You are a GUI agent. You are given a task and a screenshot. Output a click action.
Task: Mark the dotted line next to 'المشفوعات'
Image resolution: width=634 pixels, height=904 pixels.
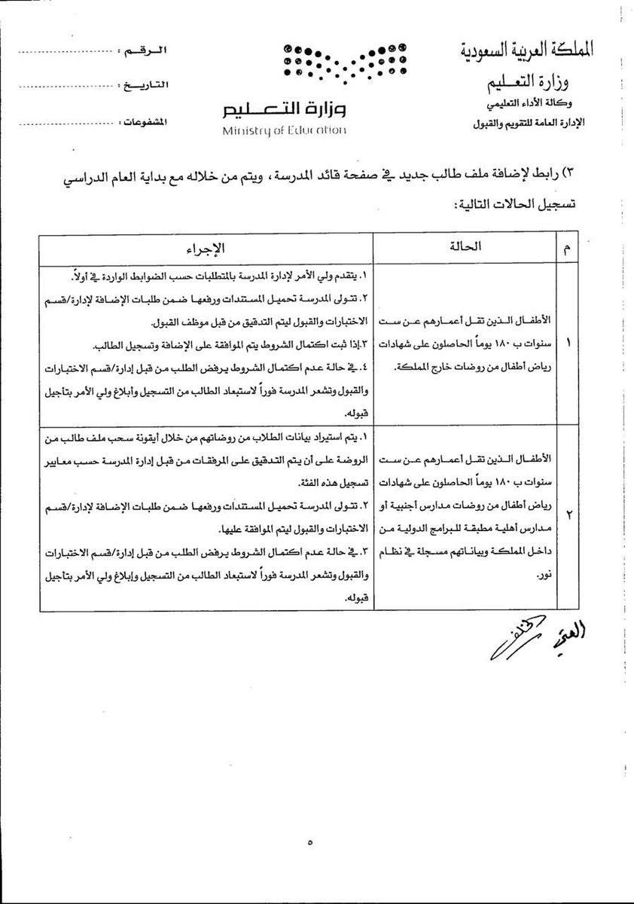pos(60,120)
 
